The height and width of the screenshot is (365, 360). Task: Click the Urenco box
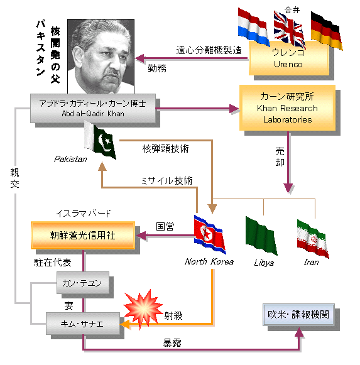tap(289, 58)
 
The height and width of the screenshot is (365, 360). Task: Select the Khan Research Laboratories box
tap(287, 108)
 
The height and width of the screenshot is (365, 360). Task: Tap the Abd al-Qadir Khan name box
tap(93, 108)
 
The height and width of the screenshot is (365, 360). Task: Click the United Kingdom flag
tap(290, 30)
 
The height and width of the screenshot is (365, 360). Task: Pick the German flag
tap(327, 31)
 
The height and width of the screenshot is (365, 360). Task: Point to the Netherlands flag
tap(254, 27)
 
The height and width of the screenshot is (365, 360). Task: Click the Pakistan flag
tap(100, 140)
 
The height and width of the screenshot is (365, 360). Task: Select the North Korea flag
tap(210, 234)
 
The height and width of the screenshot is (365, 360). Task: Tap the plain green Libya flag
tap(261, 236)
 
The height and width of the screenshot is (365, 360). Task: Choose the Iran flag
tap(313, 239)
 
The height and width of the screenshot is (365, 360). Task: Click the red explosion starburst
tap(143, 308)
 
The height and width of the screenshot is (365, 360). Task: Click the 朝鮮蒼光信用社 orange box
tap(83, 236)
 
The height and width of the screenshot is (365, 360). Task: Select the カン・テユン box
tap(83, 283)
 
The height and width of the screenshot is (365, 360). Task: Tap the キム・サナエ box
tap(83, 324)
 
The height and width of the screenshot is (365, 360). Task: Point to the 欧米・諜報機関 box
tap(298, 315)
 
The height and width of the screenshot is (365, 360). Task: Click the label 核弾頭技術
tap(165, 148)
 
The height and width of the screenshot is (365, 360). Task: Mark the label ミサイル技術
tap(166, 181)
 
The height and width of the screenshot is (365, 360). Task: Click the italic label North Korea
tap(209, 261)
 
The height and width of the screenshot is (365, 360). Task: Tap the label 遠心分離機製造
tap(209, 50)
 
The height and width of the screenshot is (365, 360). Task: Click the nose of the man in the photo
tap(114, 62)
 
